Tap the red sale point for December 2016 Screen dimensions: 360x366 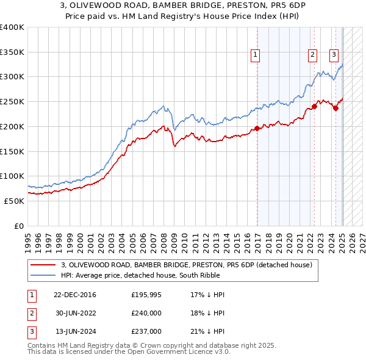[x=257, y=128]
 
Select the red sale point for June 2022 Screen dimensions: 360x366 [x=315, y=106]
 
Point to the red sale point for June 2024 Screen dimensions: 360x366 [x=336, y=108]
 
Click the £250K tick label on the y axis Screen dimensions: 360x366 [x=12, y=102]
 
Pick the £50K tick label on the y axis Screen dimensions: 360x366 [x=14, y=201]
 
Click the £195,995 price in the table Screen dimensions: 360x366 [x=146, y=295]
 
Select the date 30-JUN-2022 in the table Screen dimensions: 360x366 [x=76, y=313]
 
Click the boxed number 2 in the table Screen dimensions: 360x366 [x=31, y=313]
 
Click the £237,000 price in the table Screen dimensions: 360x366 [x=146, y=331]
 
